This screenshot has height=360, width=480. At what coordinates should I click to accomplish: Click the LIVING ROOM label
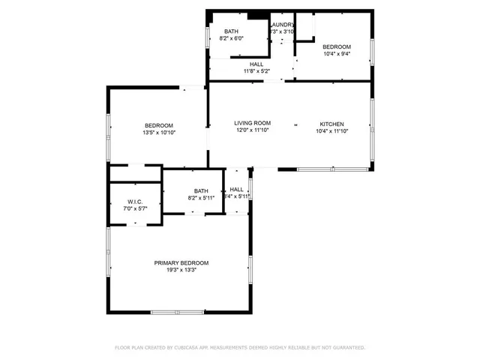pyautogui.click(x=252, y=123)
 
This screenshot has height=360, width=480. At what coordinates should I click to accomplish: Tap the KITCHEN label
pyautogui.click(x=331, y=123)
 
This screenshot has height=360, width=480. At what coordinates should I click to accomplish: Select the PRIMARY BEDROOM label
pyautogui.click(x=181, y=262)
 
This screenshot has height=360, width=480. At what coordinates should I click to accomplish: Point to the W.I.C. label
pyautogui.click(x=135, y=201)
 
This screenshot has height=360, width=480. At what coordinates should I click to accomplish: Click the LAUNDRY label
pyautogui.click(x=282, y=25)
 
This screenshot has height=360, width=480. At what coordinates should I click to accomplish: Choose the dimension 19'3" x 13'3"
pyautogui.click(x=181, y=270)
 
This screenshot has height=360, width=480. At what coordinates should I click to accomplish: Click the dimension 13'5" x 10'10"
pyautogui.click(x=158, y=133)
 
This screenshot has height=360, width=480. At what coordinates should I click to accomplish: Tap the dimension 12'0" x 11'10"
pyautogui.click(x=252, y=130)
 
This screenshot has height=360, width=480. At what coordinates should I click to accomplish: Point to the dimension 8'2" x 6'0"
pyautogui.click(x=232, y=38)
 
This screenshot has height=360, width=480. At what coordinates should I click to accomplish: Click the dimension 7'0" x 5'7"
pyautogui.click(x=135, y=208)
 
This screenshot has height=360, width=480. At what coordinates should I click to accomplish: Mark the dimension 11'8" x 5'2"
pyautogui.click(x=256, y=71)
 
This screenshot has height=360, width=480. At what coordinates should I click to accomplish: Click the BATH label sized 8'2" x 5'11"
pyautogui.click(x=201, y=190)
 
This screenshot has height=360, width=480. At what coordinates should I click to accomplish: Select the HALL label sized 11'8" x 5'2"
pyautogui.click(x=256, y=64)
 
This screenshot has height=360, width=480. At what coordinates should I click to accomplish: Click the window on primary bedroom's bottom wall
pyautogui.click(x=177, y=312)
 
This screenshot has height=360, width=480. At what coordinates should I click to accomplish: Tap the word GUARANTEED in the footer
pyautogui.click(x=348, y=348)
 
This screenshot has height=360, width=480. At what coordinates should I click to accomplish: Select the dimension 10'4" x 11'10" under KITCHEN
pyautogui.click(x=331, y=130)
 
